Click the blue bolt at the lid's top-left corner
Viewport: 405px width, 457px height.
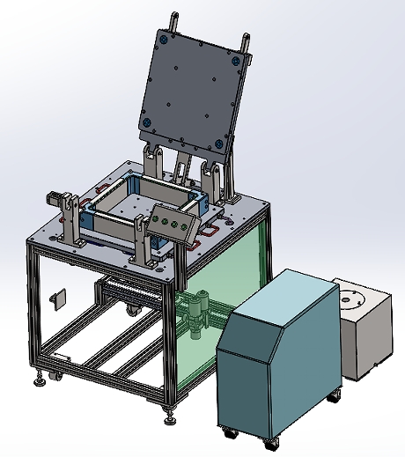pos(164,38)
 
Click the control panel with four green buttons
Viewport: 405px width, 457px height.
pos(173,223)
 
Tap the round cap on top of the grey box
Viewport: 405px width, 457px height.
pos(355,299)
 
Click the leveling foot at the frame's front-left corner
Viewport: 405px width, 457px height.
pos(40,382)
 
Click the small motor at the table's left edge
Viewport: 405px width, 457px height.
pos(60,198)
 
